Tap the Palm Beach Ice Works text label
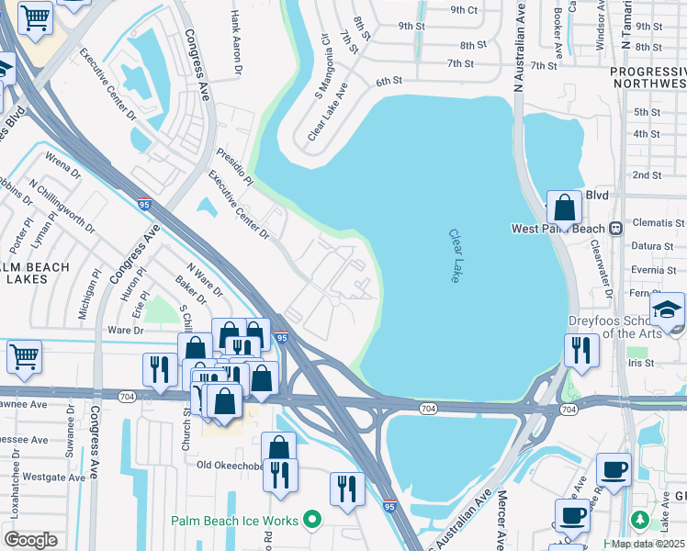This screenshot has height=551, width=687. (235, 521)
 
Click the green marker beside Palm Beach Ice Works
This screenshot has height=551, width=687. (312, 521)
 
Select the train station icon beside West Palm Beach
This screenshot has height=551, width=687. (617, 228)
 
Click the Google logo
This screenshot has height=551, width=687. (30, 540)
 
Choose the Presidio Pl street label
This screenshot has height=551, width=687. (234, 163)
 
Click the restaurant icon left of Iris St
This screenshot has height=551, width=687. (581, 350)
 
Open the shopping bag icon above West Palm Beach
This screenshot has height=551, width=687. (564, 208)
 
